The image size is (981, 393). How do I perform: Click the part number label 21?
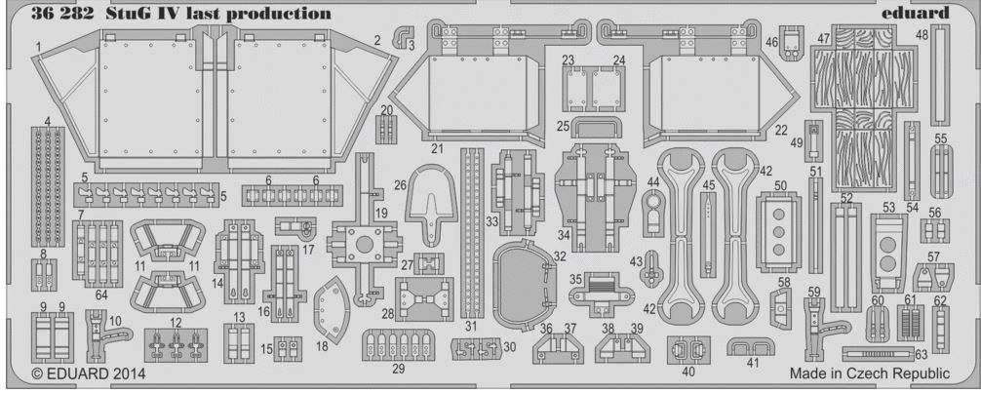(x=438, y=149)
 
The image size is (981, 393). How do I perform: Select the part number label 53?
(x=888, y=207)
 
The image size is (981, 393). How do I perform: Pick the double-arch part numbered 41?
(x=749, y=347)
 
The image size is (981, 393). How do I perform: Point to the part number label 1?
(x=36, y=46)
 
